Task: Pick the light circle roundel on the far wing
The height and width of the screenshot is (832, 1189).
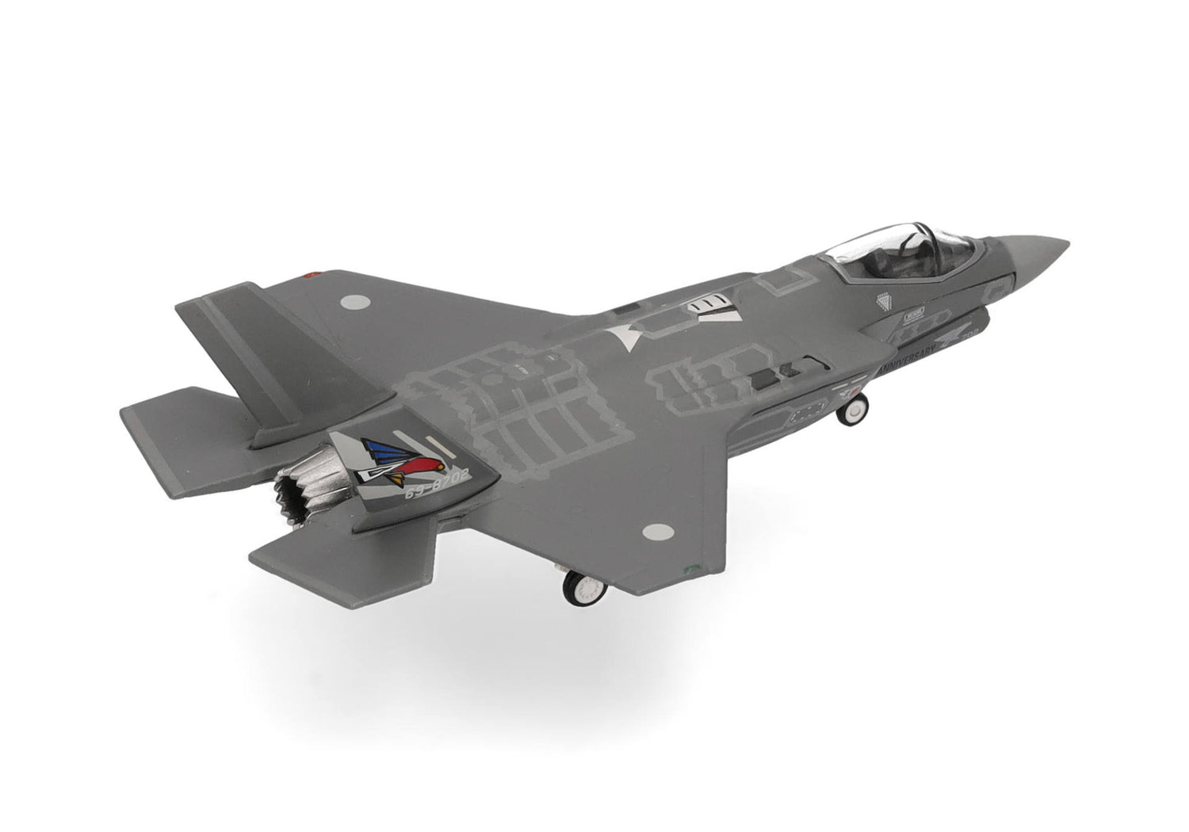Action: [360, 302]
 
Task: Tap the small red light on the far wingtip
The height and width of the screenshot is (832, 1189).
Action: [310, 275]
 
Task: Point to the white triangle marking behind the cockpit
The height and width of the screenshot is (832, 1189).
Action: [626, 336]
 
